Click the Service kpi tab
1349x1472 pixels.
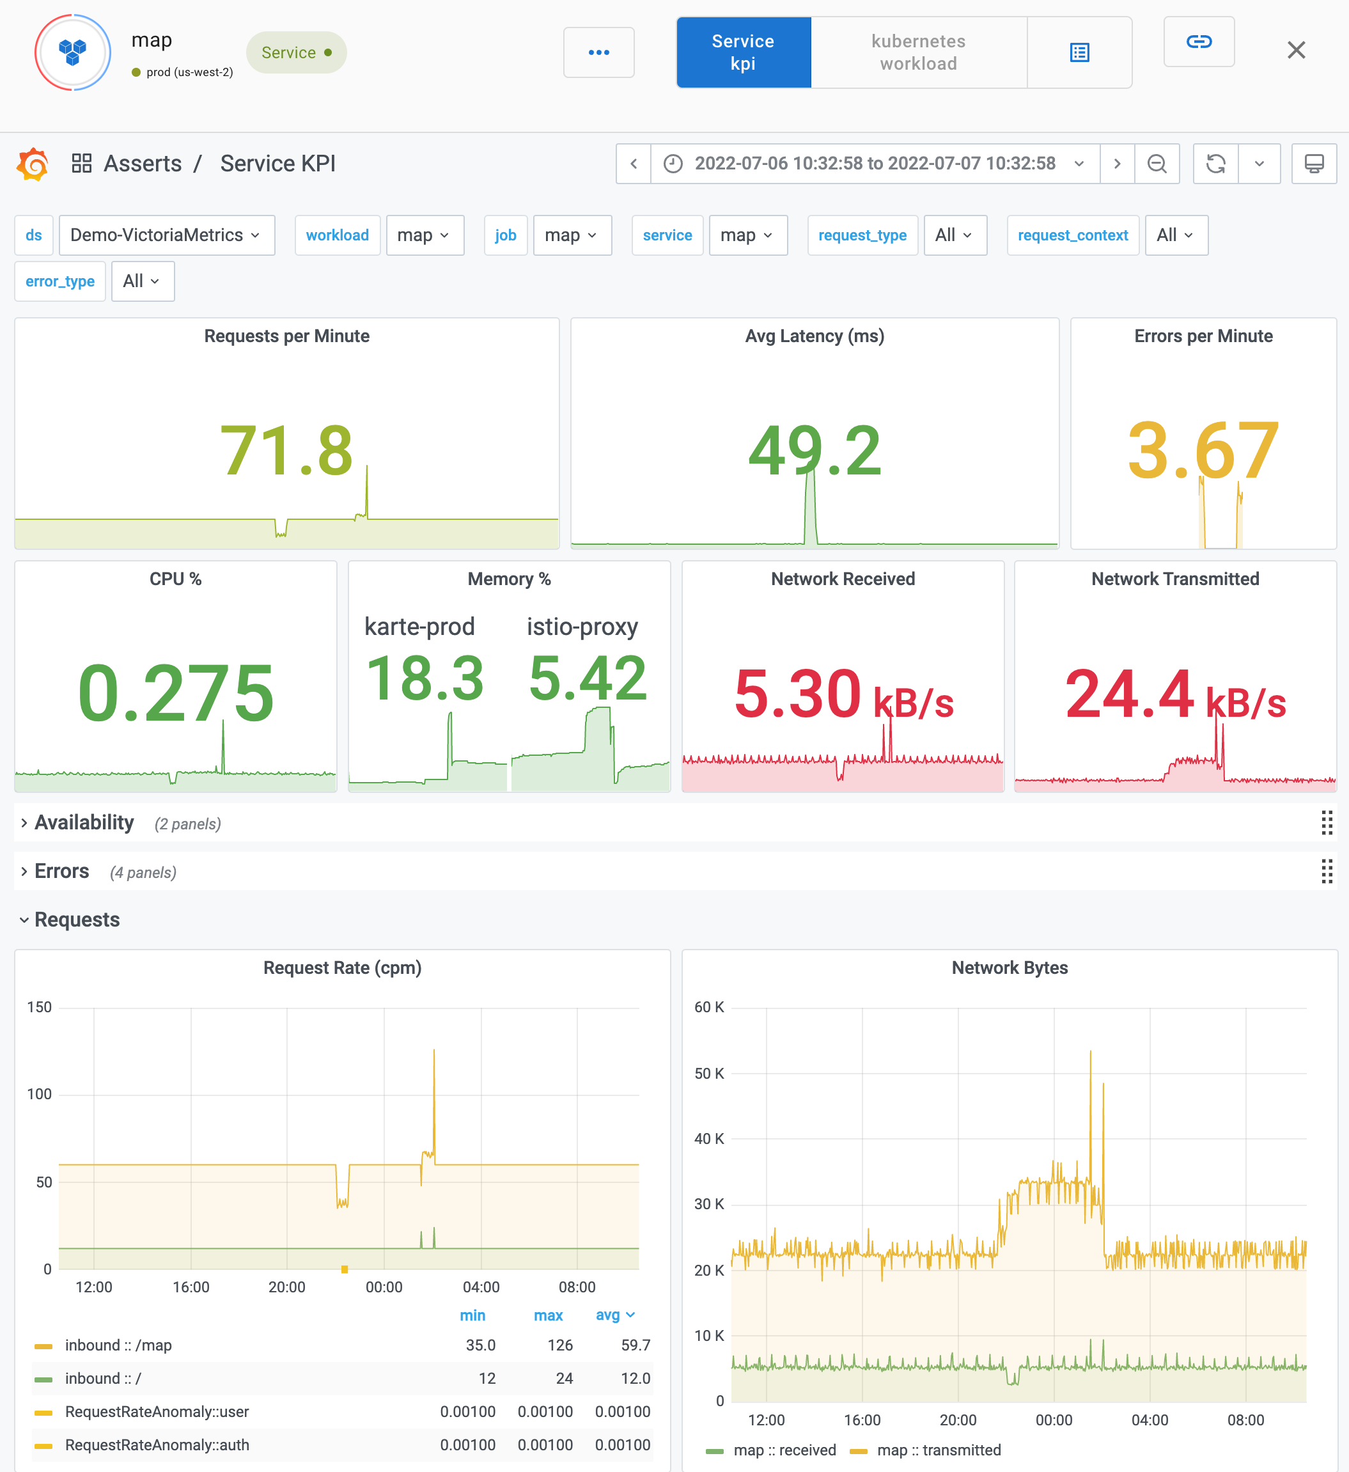click(x=743, y=52)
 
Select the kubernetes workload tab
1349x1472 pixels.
click(x=917, y=52)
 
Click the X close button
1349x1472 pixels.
click(x=1296, y=51)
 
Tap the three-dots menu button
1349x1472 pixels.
click(x=598, y=52)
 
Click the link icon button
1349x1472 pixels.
click(x=1199, y=42)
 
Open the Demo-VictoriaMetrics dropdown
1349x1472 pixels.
click(x=166, y=235)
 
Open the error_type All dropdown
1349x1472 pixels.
click(x=143, y=281)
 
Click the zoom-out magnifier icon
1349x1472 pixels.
click(x=1157, y=164)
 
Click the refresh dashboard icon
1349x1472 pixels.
click(x=1215, y=164)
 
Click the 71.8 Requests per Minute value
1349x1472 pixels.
click(x=286, y=451)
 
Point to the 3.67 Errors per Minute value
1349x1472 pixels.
click(x=1203, y=451)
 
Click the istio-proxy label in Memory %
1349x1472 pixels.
click(x=582, y=627)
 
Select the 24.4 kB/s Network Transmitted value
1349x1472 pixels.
click(x=1174, y=694)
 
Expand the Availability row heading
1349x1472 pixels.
click(x=84, y=823)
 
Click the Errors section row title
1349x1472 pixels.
click(x=62, y=871)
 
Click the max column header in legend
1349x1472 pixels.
click(x=547, y=1315)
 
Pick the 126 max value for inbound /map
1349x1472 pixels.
click(x=560, y=1345)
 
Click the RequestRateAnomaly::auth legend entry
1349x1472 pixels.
click(x=157, y=1445)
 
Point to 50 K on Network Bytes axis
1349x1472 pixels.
click(x=708, y=1074)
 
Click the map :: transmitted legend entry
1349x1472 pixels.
click(x=938, y=1450)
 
